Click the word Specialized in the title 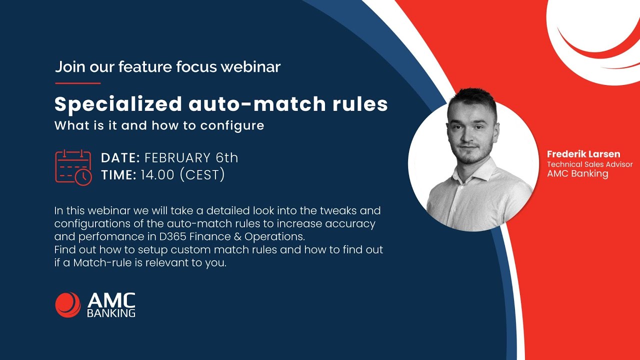pyautogui.click(x=118, y=104)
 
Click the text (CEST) pyautogui.click(x=202, y=175)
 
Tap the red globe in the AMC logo pyautogui.click(x=68, y=305)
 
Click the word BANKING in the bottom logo pyautogui.click(x=111, y=313)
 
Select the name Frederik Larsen pyautogui.click(x=583, y=154)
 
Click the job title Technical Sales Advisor pyautogui.click(x=589, y=164)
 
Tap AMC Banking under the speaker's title pyautogui.click(x=577, y=174)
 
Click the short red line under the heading pyautogui.click(x=77, y=83)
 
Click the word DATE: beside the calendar pyautogui.click(x=120, y=158)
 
